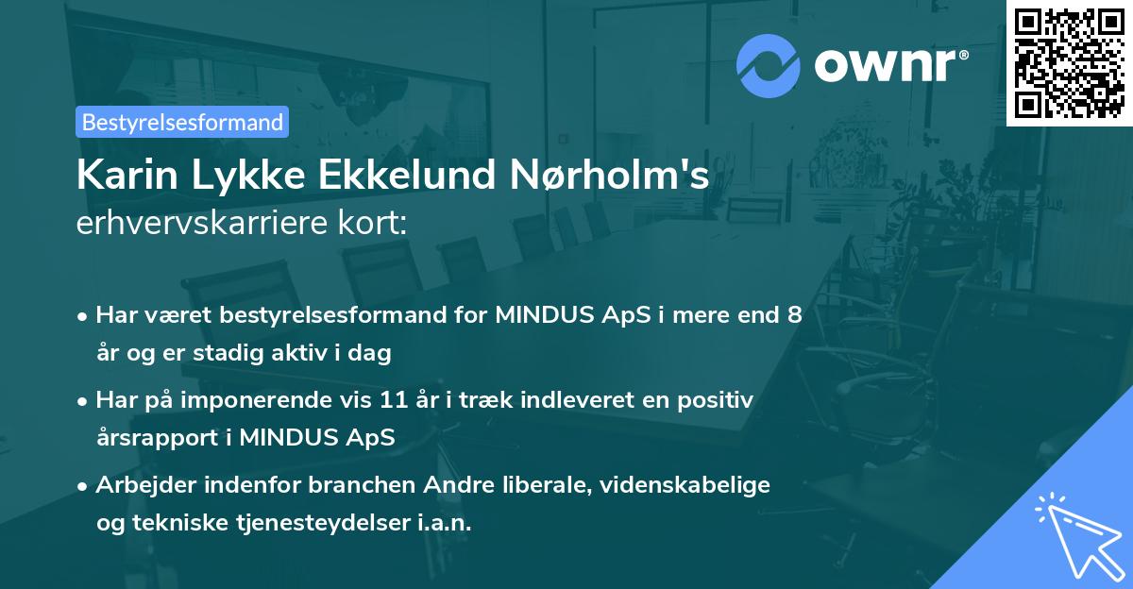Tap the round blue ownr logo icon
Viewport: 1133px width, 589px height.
(769, 66)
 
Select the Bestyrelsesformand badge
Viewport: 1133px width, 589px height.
(182, 122)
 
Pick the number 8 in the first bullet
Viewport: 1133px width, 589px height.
(795, 315)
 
